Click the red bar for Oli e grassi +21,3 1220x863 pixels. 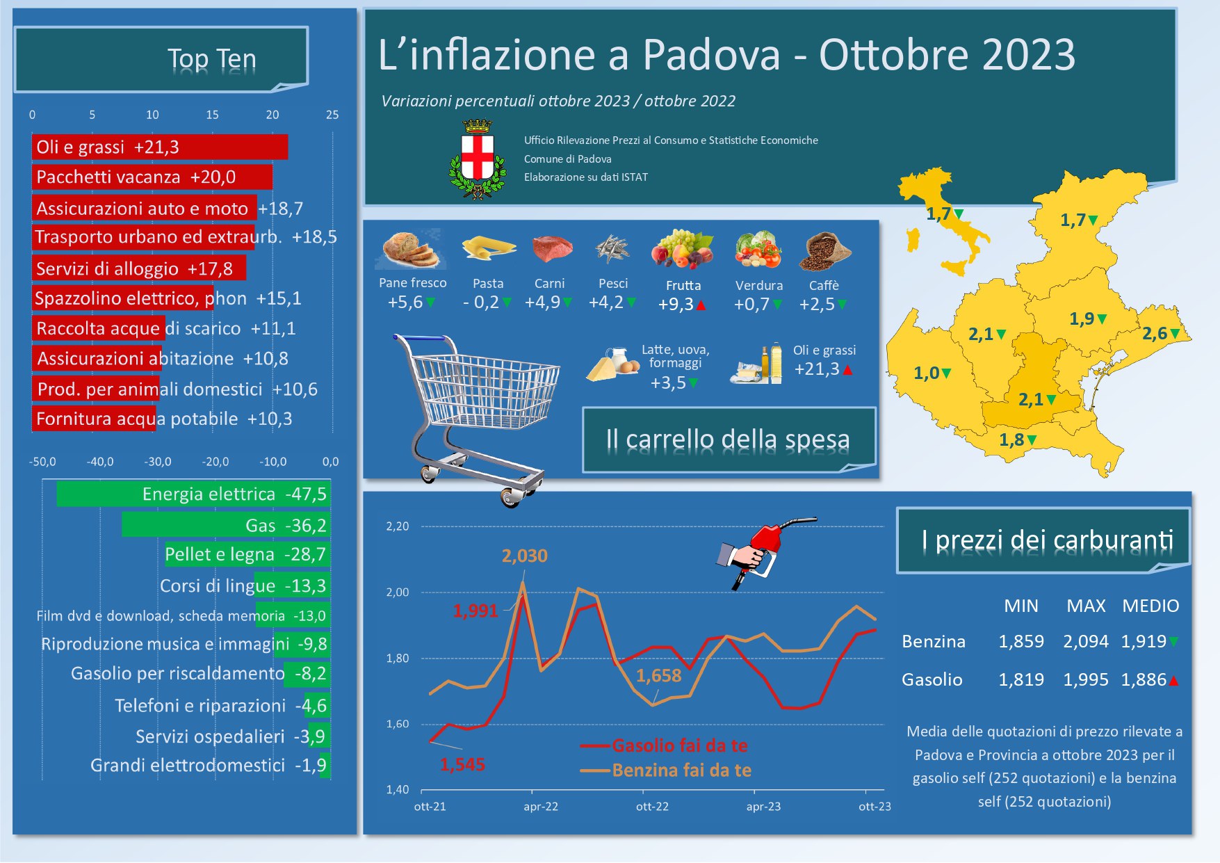[160, 147]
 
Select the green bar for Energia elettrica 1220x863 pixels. [193, 494]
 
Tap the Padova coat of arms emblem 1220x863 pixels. [478, 159]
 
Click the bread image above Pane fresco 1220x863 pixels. [411, 249]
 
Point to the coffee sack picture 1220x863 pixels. [824, 251]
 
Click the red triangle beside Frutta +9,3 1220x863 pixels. [701, 305]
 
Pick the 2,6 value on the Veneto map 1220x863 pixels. [1155, 334]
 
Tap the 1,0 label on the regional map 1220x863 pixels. [926, 373]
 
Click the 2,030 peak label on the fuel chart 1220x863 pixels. [525, 556]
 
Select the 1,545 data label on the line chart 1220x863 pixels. [462, 765]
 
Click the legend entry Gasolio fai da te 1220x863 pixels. [679, 745]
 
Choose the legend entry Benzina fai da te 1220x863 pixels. [681, 771]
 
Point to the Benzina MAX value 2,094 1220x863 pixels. [1085, 641]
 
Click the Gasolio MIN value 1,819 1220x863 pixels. [1020, 679]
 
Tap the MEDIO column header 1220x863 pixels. [1150, 606]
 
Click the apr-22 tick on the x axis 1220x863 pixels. [541, 807]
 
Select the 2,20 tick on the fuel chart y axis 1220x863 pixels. [398, 526]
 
